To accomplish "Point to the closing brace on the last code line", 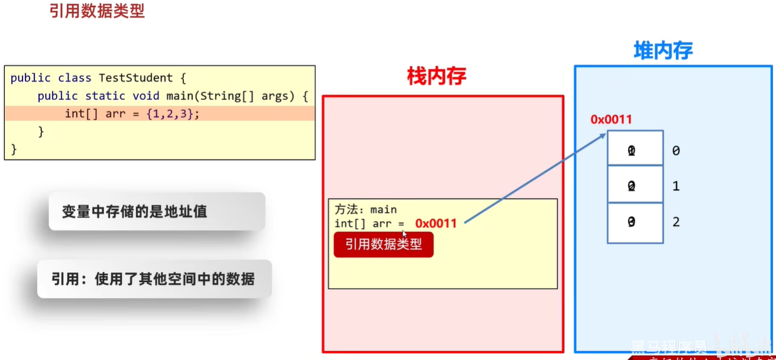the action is [14, 149].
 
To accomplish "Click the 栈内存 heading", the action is [436, 76].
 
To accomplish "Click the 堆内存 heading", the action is [662, 51].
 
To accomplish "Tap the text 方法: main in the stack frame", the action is [366, 209].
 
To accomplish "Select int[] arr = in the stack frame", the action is [369, 223].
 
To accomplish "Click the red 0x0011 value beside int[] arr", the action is [436, 223].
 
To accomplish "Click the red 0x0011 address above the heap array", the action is [611, 119].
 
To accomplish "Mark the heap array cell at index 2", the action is [635, 222].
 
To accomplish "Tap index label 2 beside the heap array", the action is [676, 222].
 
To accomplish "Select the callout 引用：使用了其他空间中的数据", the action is [154, 279].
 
